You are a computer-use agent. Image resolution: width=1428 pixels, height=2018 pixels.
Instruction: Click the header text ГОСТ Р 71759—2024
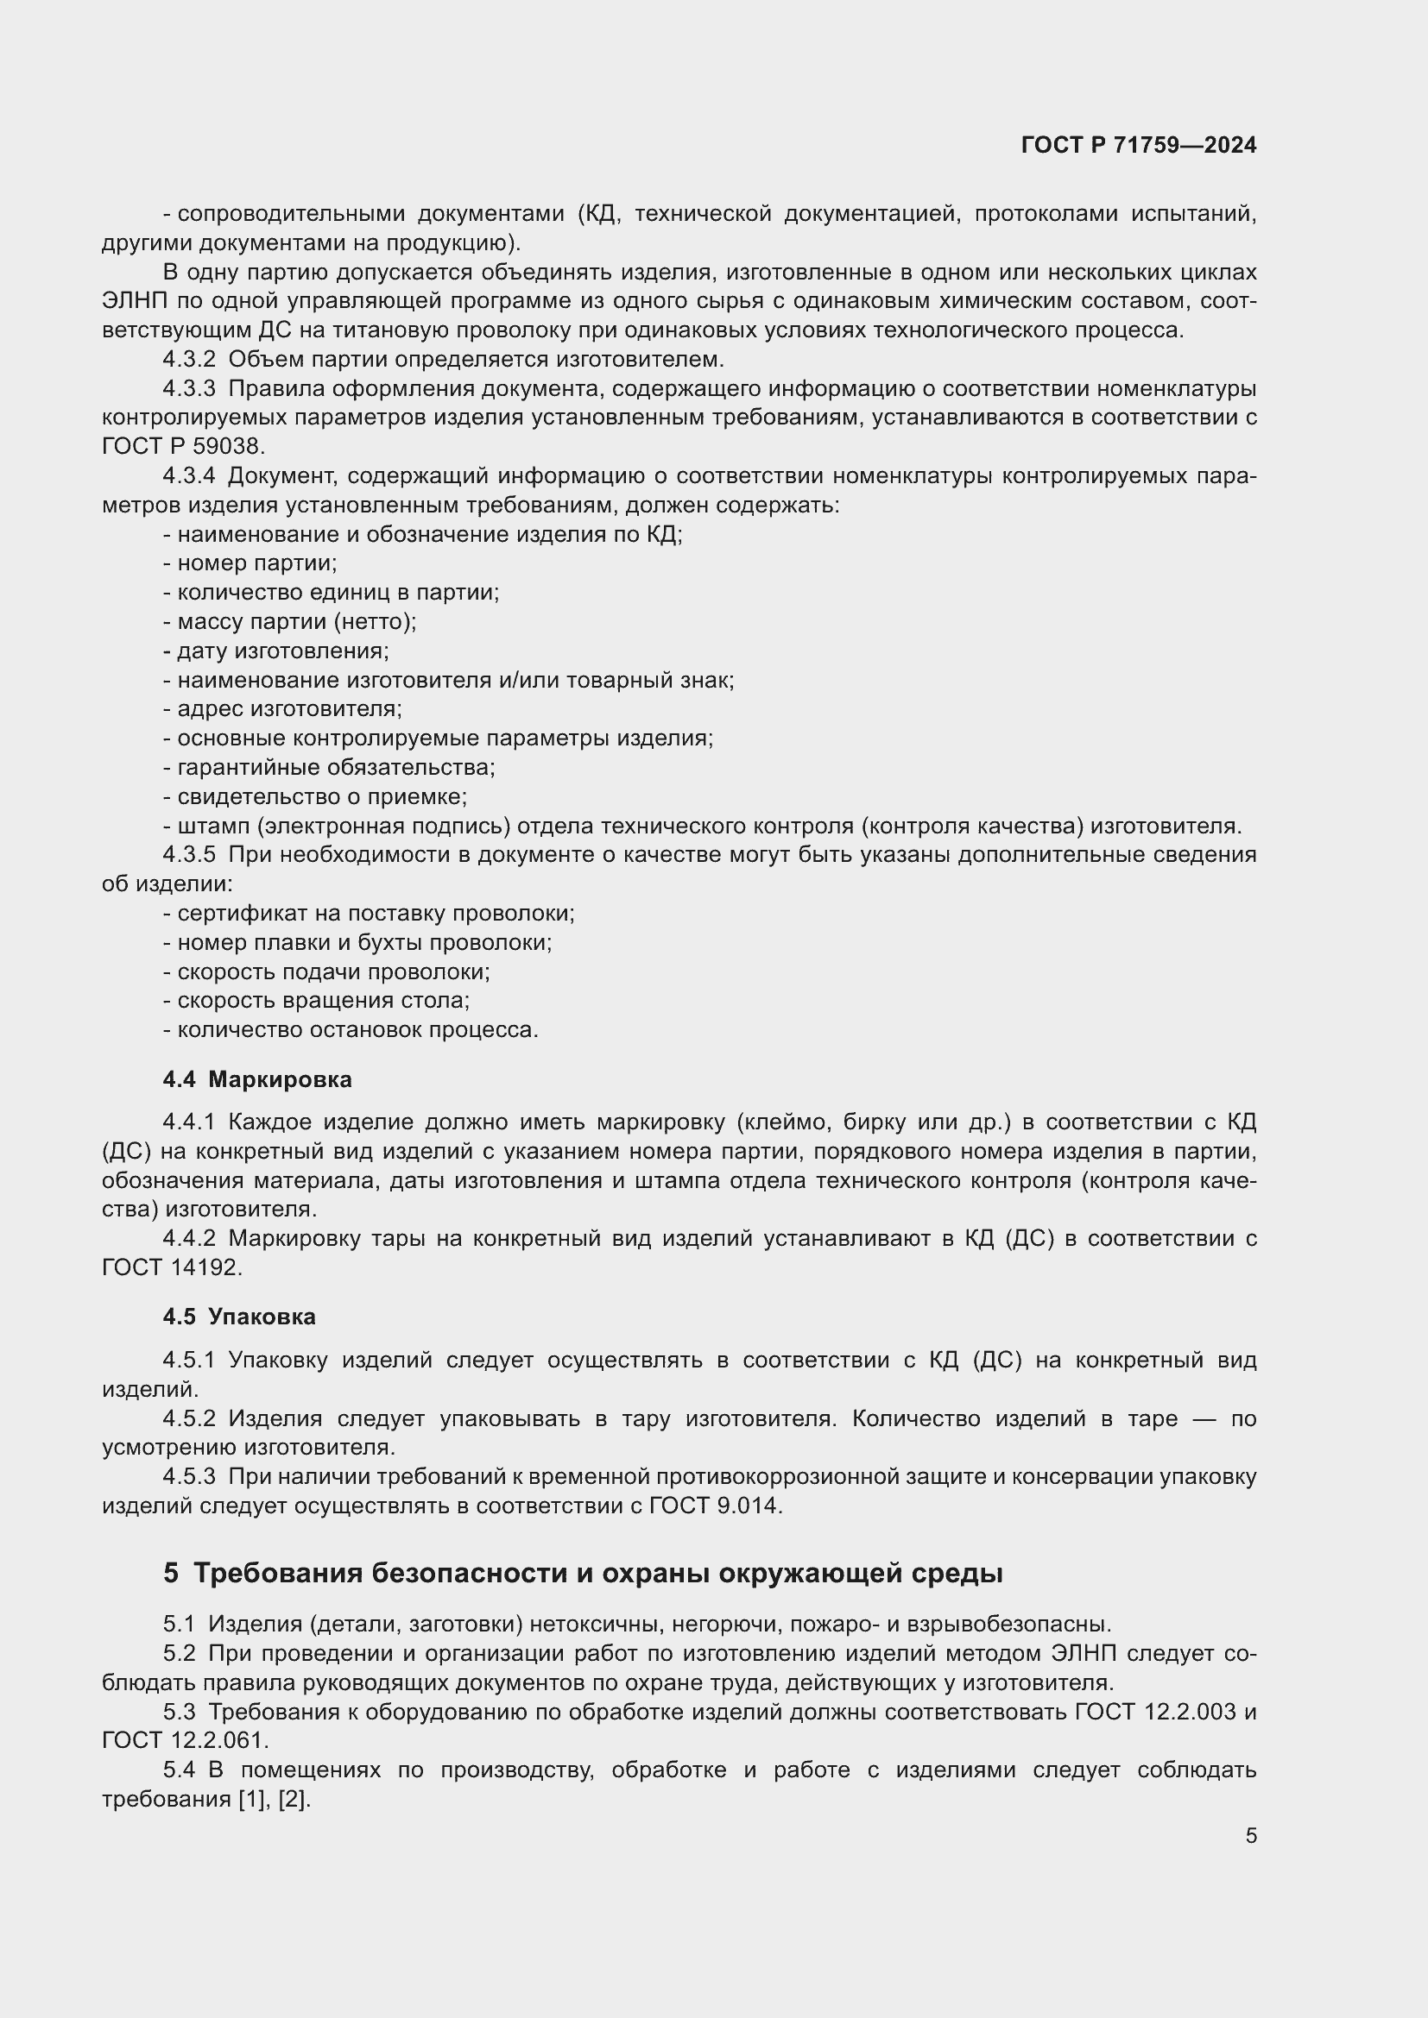[1138, 146]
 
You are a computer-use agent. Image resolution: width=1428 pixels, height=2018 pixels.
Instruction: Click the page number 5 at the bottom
[1250, 1836]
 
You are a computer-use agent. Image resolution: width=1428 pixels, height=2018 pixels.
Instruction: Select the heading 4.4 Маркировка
[256, 1079]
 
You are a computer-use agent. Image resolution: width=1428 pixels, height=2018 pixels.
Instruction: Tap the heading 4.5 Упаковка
[239, 1317]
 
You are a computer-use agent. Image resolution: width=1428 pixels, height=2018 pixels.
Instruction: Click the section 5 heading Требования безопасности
[582, 1573]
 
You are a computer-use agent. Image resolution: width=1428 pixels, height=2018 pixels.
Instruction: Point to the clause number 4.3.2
[189, 360]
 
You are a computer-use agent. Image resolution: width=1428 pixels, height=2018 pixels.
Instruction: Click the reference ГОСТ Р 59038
[183, 447]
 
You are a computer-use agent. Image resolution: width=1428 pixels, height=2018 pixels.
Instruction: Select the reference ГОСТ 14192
[171, 1267]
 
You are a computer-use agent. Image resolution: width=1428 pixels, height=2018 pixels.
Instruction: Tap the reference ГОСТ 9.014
[714, 1506]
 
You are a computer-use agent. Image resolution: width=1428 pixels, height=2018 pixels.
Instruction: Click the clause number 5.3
[179, 1711]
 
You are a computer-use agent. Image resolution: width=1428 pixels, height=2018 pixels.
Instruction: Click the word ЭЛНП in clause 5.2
[1084, 1653]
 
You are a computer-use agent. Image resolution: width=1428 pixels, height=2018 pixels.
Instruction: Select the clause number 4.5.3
[189, 1476]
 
